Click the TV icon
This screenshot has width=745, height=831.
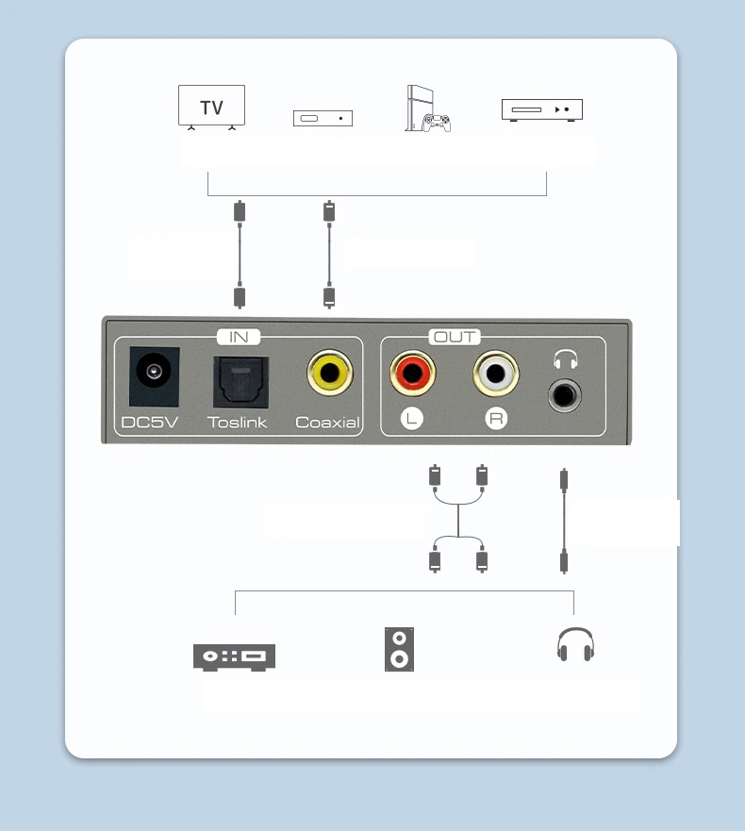click(211, 107)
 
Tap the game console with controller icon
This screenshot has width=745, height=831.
click(427, 108)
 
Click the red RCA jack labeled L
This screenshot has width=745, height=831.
click(412, 373)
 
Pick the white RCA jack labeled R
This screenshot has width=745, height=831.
click(495, 374)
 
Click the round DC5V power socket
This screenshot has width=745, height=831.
click(154, 376)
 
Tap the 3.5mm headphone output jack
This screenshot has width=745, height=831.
click(565, 394)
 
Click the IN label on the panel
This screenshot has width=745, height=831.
click(239, 337)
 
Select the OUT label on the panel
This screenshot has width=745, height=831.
click(455, 337)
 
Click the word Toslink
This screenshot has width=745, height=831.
click(238, 422)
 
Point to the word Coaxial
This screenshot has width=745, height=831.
click(327, 422)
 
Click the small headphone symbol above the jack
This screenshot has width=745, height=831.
click(565, 359)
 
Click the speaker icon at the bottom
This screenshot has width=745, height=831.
click(399, 649)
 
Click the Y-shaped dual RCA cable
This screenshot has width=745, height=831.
click(458, 520)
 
